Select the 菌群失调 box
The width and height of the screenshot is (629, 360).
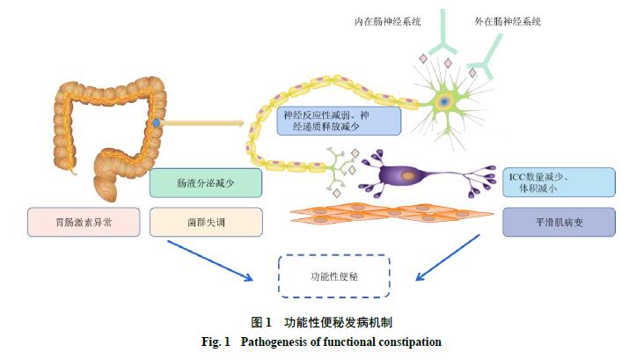(206, 223)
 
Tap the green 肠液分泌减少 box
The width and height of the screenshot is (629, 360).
(206, 183)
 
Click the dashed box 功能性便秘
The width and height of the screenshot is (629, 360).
(333, 276)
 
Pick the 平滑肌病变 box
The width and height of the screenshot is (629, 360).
(558, 223)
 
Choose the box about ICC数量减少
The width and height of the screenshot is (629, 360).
(558, 181)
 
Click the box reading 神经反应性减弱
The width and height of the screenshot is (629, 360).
(339, 121)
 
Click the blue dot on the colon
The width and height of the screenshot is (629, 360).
(156, 123)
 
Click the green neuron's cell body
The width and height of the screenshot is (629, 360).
(446, 102)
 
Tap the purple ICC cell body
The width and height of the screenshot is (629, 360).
(407, 176)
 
